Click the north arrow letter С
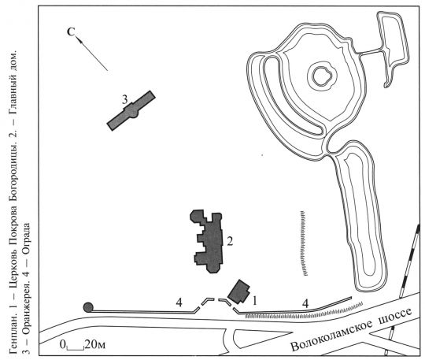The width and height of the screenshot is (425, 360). tap(71, 32)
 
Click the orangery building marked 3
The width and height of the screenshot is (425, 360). tap(131, 111)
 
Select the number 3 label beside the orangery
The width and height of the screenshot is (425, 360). tap(124, 100)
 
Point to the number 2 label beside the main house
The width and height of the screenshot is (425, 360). tap(230, 241)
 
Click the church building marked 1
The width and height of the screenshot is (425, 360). tap(239, 291)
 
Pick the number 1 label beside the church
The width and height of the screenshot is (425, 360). tap(254, 301)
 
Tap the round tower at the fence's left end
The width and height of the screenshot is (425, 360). tap(88, 307)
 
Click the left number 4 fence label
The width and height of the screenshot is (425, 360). tap(179, 302)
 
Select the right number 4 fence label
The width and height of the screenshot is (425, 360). tap(305, 303)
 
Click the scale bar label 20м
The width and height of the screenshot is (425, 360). tap(94, 344)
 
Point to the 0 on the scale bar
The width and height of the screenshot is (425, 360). tap(63, 345)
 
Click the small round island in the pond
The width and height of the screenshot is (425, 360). tap(321, 76)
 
